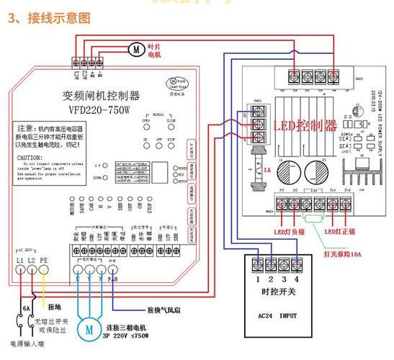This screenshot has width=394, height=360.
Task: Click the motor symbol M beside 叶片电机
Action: [135, 49]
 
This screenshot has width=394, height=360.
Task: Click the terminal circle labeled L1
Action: [19, 271]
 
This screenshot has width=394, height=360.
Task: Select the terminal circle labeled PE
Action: [43, 271]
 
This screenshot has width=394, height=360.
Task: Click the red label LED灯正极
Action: [338, 231]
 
